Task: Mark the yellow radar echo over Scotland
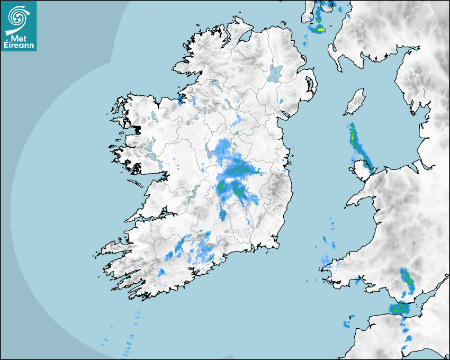(x=320, y=29)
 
